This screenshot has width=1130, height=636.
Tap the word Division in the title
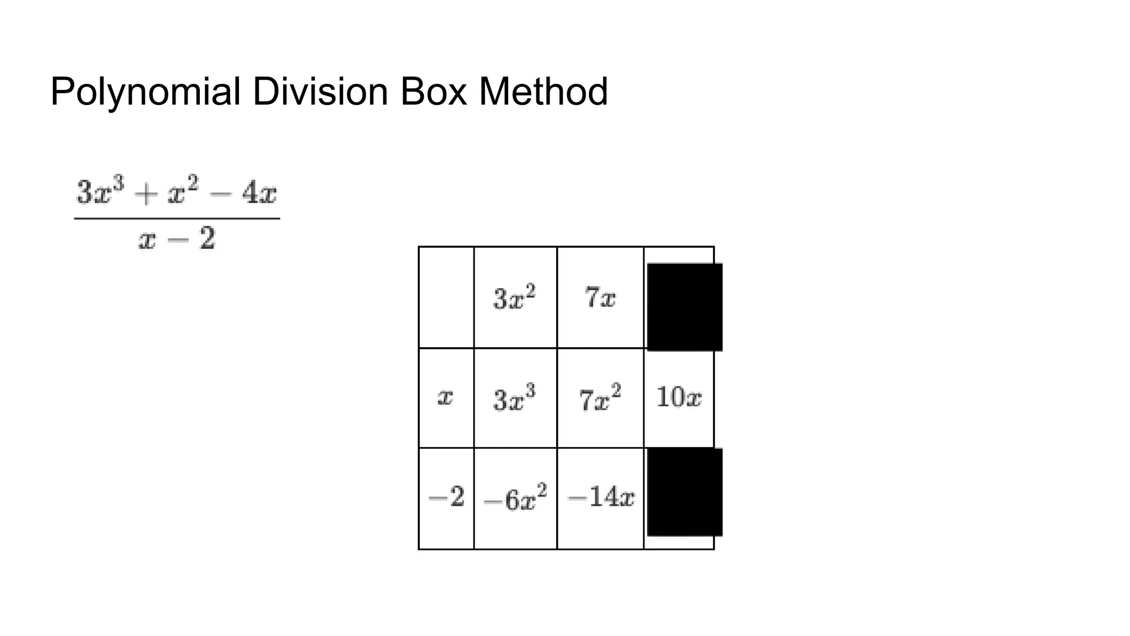tap(320, 92)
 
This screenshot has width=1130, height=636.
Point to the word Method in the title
tap(543, 92)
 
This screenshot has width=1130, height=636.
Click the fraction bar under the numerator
tap(177, 219)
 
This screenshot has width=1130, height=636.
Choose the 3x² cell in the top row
tap(514, 298)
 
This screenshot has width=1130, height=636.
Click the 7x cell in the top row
tap(600, 298)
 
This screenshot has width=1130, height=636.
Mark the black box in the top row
tap(684, 307)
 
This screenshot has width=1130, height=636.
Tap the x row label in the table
tap(445, 397)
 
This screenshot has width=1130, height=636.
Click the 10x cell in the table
tap(679, 397)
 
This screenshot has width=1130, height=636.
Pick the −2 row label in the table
tap(446, 497)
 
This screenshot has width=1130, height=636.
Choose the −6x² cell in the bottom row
tap(515, 499)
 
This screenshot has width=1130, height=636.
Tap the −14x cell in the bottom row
tap(600, 497)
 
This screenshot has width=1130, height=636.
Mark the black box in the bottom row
tap(684, 492)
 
